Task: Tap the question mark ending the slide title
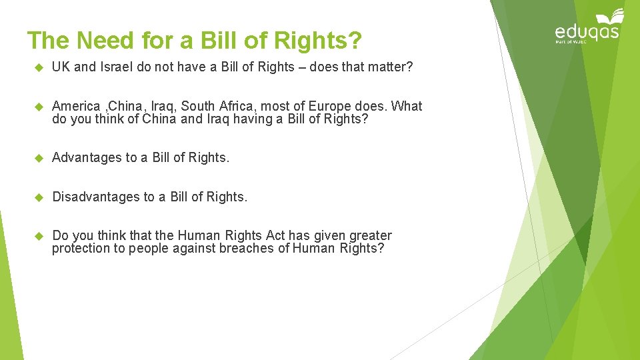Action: pos(355,41)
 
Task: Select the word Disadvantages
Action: pos(96,197)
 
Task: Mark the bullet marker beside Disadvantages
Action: pos(38,197)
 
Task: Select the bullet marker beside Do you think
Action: pos(38,235)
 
